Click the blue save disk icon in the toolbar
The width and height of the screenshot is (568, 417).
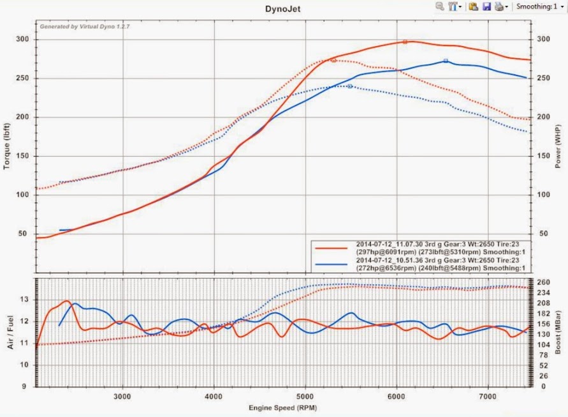pyautogui.click(x=486, y=6)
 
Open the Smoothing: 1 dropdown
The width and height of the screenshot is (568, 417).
pyautogui.click(x=540, y=6)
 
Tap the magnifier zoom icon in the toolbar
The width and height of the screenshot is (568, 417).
pyautogui.click(x=439, y=6)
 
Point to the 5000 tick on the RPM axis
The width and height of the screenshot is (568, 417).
pyautogui.click(x=305, y=395)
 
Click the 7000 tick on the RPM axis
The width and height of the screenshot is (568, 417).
pyautogui.click(x=488, y=395)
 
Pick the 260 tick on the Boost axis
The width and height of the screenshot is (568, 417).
pyautogui.click(x=543, y=282)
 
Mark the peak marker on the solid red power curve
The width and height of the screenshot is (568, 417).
pyautogui.click(x=405, y=42)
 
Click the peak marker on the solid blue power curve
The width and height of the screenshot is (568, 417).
pyautogui.click(x=446, y=61)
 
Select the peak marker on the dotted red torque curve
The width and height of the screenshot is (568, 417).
pyautogui.click(x=333, y=60)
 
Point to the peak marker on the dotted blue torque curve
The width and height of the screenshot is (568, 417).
pyautogui.click(x=350, y=86)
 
